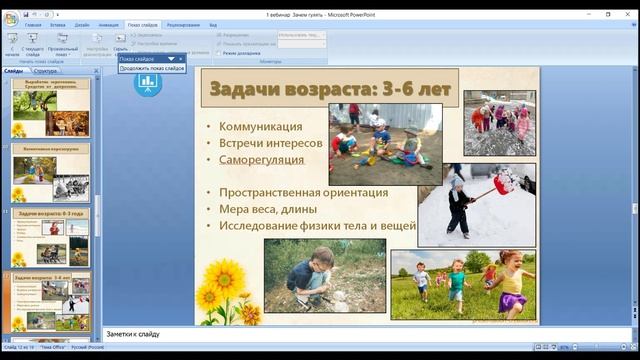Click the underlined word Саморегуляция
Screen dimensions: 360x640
[x=262, y=159]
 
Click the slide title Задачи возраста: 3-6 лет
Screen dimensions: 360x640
[x=329, y=89]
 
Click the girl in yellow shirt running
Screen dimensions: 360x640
[x=511, y=285]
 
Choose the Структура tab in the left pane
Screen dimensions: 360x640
[x=45, y=71]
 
